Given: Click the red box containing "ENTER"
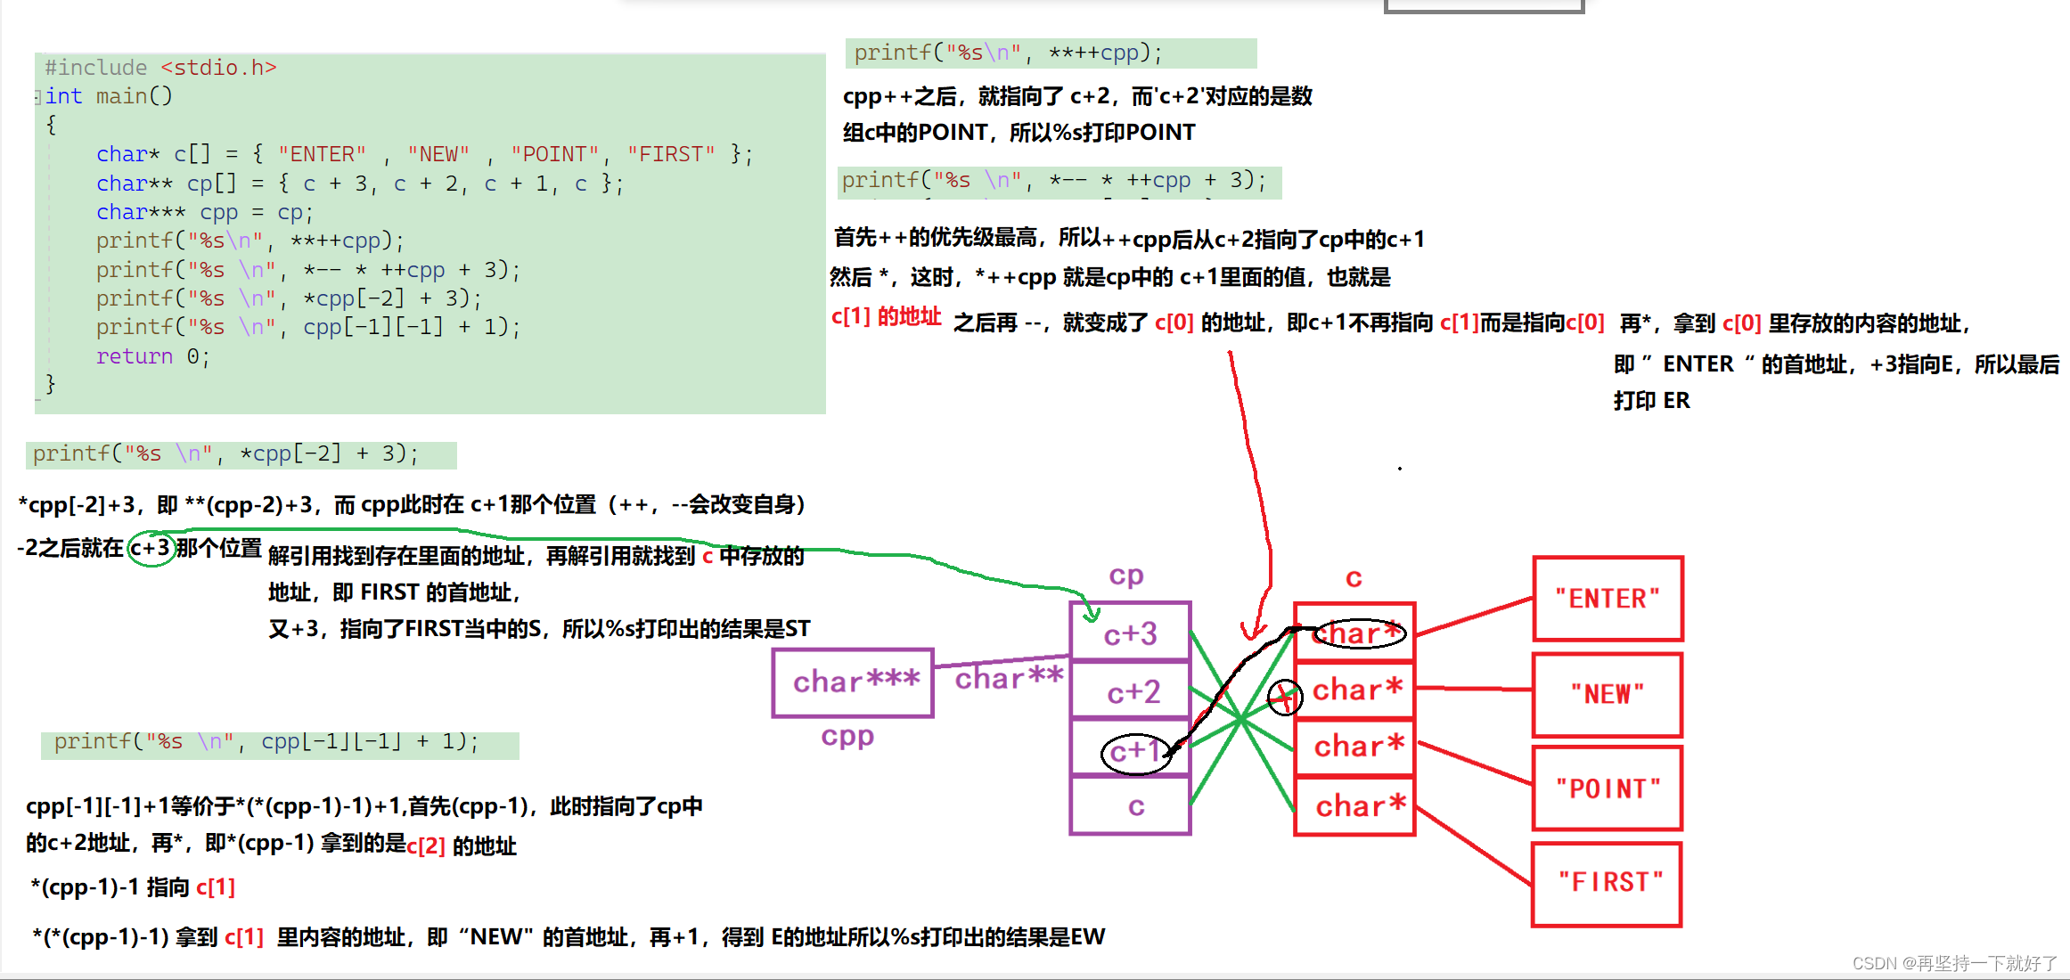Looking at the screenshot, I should point(1608,599).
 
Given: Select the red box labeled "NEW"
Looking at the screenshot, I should point(1608,694).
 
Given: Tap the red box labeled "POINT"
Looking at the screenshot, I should point(1608,788).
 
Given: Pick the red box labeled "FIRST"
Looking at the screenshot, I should point(1608,883).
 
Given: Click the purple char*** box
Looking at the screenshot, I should point(854,682).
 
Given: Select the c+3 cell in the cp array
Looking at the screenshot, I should point(1130,633).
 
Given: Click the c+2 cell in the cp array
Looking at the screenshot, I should point(1130,691).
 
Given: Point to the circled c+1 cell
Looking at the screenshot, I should point(1133,752).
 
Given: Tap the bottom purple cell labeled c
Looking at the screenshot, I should point(1133,807).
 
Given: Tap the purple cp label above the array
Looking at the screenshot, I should point(1126,576).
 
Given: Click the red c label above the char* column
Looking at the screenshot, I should point(1354,579).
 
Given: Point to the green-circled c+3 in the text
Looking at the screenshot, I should point(150,548).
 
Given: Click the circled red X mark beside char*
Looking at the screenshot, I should point(1285,696).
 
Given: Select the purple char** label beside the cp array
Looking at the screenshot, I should point(1009,678).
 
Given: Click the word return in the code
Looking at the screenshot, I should point(135,356).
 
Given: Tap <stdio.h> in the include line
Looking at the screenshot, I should point(218,68).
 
